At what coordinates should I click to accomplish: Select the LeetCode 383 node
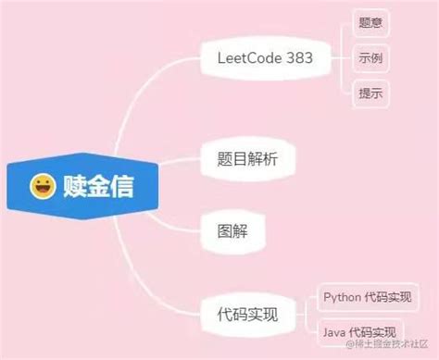[265, 57]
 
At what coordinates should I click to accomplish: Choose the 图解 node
[232, 228]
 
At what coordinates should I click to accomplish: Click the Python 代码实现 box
[368, 297]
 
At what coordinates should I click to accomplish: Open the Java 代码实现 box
[360, 331]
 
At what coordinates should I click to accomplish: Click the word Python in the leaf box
[344, 297]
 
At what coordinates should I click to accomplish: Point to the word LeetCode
[248, 57]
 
